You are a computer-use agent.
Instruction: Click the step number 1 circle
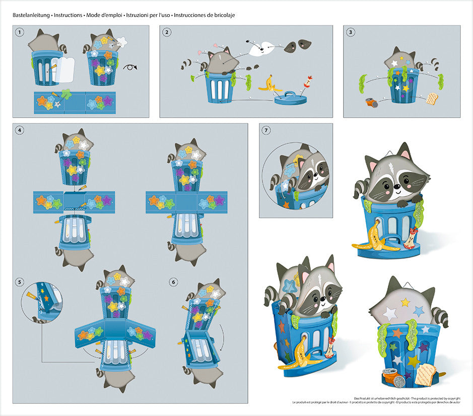click(20, 32)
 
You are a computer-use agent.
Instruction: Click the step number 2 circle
click(167, 32)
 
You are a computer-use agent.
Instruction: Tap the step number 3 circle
click(351, 32)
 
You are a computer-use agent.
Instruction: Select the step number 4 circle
click(20, 130)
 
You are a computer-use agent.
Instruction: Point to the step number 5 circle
click(20, 282)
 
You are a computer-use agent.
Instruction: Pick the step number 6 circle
click(173, 282)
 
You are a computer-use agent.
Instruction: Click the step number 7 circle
click(266, 130)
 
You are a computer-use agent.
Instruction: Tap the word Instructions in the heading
click(68, 15)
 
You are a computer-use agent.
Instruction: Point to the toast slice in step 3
click(432, 99)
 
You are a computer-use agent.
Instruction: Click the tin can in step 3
click(371, 102)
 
